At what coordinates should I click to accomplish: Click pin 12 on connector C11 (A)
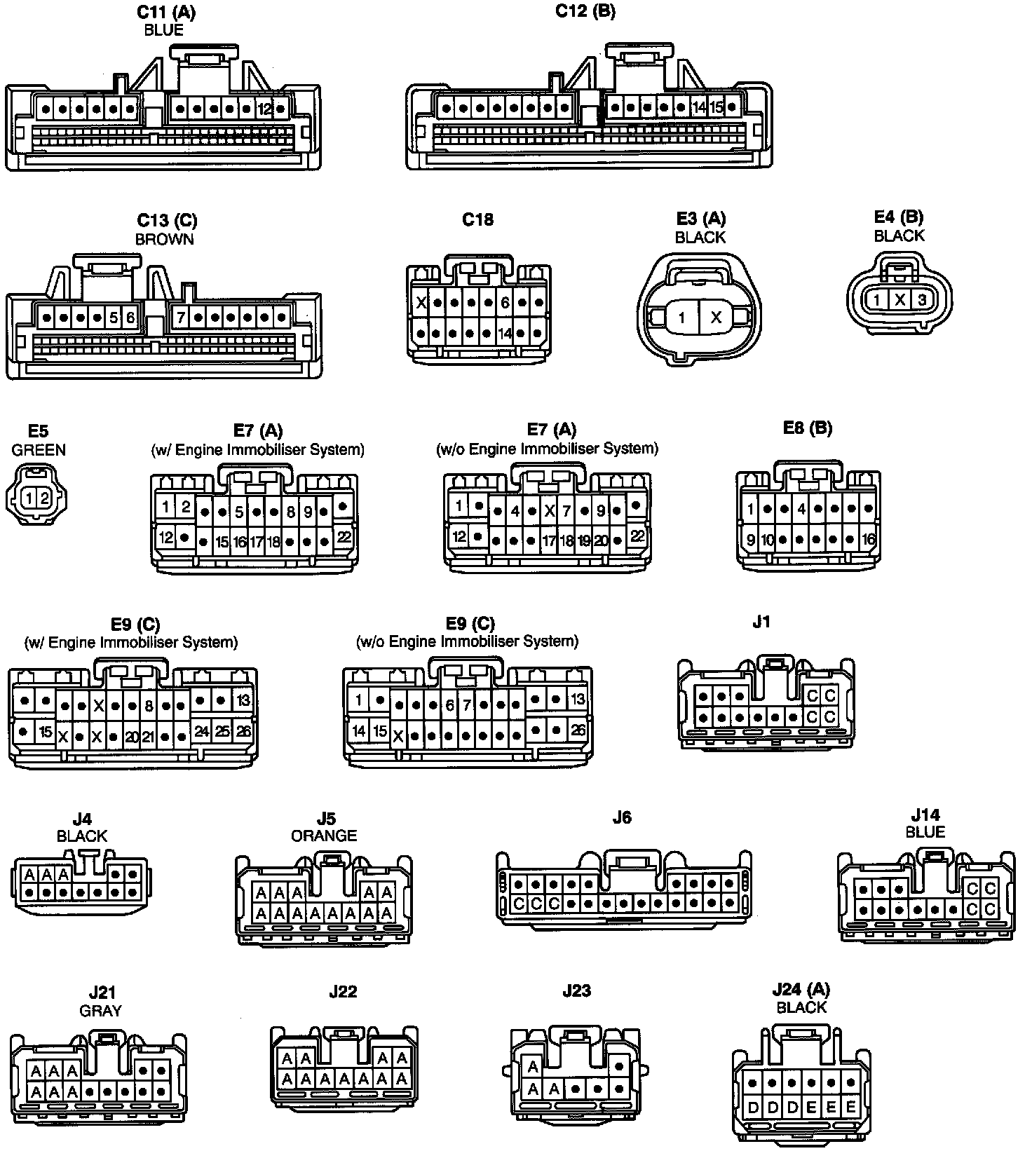264,109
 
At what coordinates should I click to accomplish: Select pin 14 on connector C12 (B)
698,108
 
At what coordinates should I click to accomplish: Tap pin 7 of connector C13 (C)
181,318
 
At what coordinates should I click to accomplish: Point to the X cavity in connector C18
421,304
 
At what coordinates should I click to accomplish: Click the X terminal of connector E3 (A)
716,318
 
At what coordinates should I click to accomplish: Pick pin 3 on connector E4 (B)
921,300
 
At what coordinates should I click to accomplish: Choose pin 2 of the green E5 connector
44,498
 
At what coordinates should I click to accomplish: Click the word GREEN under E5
39,450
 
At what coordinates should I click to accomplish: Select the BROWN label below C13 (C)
165,239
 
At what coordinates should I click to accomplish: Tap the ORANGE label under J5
324,836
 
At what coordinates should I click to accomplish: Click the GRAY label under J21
102,1011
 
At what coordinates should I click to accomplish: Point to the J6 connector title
622,817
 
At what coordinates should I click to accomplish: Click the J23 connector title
576,990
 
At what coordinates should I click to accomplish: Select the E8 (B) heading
807,428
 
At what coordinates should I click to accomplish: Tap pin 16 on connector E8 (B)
869,540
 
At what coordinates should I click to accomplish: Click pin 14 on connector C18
505,334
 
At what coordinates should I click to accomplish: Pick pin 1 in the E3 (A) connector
681,318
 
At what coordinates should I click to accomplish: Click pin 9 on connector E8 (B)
751,540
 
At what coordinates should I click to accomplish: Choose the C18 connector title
477,219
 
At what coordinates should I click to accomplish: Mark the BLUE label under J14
925,832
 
